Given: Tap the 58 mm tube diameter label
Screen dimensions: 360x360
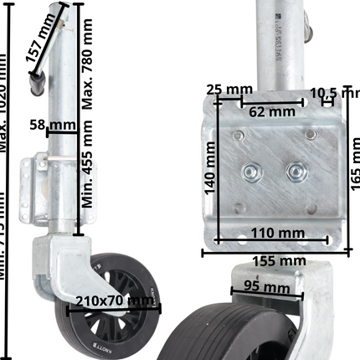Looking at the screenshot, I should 61,126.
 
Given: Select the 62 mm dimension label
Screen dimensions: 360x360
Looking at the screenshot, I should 271,110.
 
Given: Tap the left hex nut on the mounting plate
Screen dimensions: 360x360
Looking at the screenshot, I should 250,173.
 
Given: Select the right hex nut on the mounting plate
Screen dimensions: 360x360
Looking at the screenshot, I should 294,172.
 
